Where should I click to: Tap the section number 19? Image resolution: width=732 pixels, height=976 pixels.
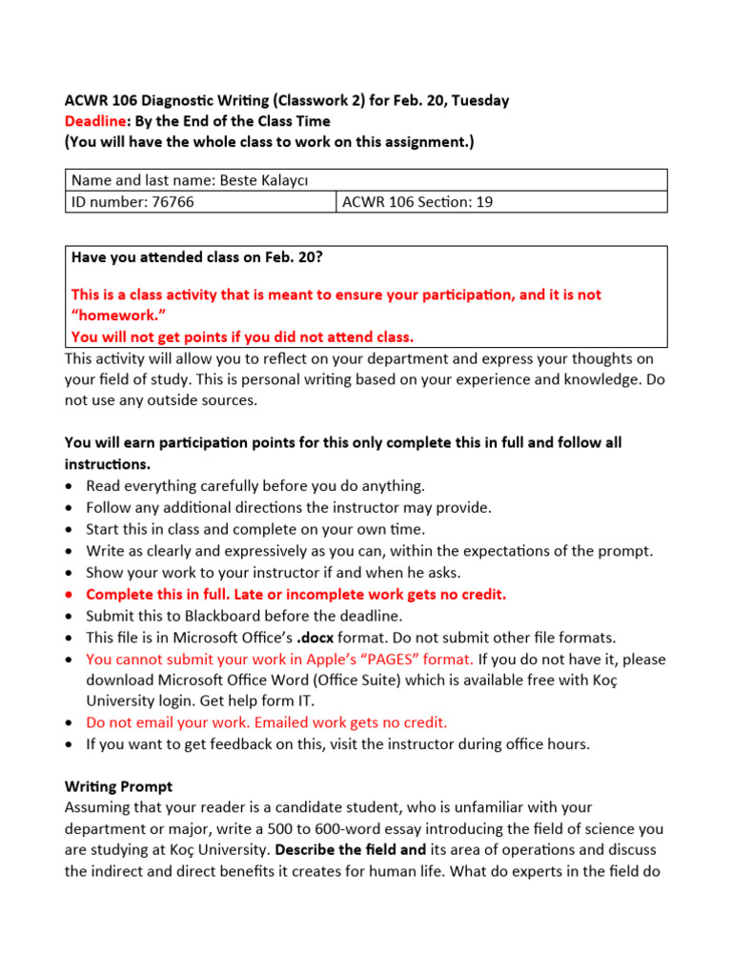484,201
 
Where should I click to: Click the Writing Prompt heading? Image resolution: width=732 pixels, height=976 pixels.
118,786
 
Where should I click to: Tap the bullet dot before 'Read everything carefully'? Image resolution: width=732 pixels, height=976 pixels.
71,486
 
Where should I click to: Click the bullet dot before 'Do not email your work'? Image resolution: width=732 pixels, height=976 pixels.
71,722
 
